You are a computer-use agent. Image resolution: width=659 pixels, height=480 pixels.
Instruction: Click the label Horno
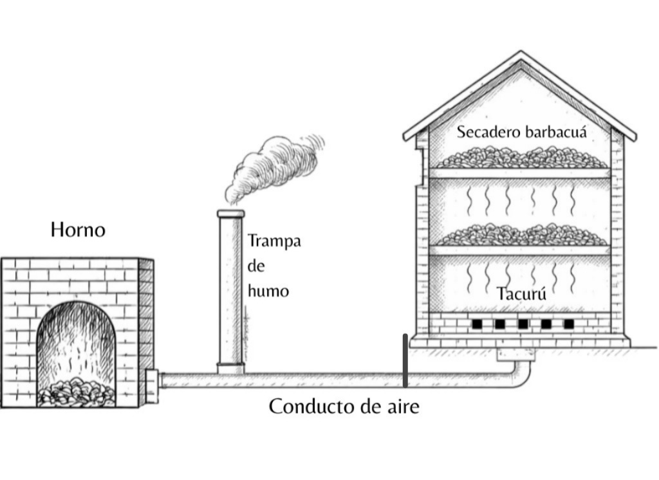78,230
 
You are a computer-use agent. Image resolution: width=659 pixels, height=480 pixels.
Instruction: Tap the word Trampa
274,242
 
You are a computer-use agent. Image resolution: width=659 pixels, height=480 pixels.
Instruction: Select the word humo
268,291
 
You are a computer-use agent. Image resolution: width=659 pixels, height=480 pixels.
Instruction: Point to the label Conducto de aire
344,407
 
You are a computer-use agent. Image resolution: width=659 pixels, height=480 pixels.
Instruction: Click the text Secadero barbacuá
522,132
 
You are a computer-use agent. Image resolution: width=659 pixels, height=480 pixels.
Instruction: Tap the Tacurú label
521,294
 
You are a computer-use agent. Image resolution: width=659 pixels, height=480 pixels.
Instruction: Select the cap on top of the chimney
230,214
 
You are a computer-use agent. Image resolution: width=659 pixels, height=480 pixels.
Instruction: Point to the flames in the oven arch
77,341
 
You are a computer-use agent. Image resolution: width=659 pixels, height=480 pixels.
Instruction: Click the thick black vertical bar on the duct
405,361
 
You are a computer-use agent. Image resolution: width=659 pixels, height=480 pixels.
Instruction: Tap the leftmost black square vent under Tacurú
476,324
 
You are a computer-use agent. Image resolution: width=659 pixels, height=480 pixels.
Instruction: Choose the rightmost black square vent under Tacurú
568,324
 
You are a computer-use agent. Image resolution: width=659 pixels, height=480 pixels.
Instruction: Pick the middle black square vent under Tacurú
523,324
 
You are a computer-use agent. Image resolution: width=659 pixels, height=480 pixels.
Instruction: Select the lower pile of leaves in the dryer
521,235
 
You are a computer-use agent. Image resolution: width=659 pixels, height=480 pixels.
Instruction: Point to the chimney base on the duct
230,369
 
